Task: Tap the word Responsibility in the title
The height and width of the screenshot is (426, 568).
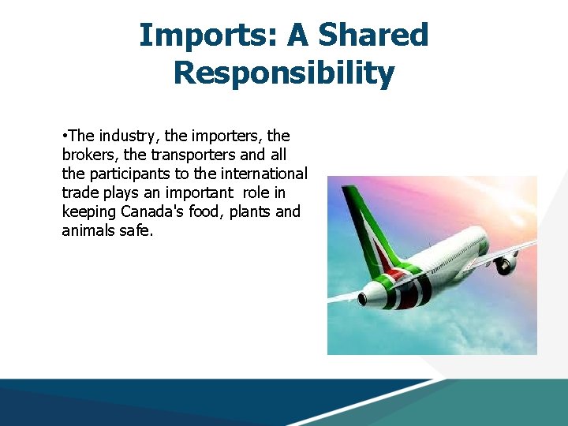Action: [283, 73]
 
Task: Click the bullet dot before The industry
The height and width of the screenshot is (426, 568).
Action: [65, 136]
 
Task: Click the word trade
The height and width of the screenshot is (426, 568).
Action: [79, 192]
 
